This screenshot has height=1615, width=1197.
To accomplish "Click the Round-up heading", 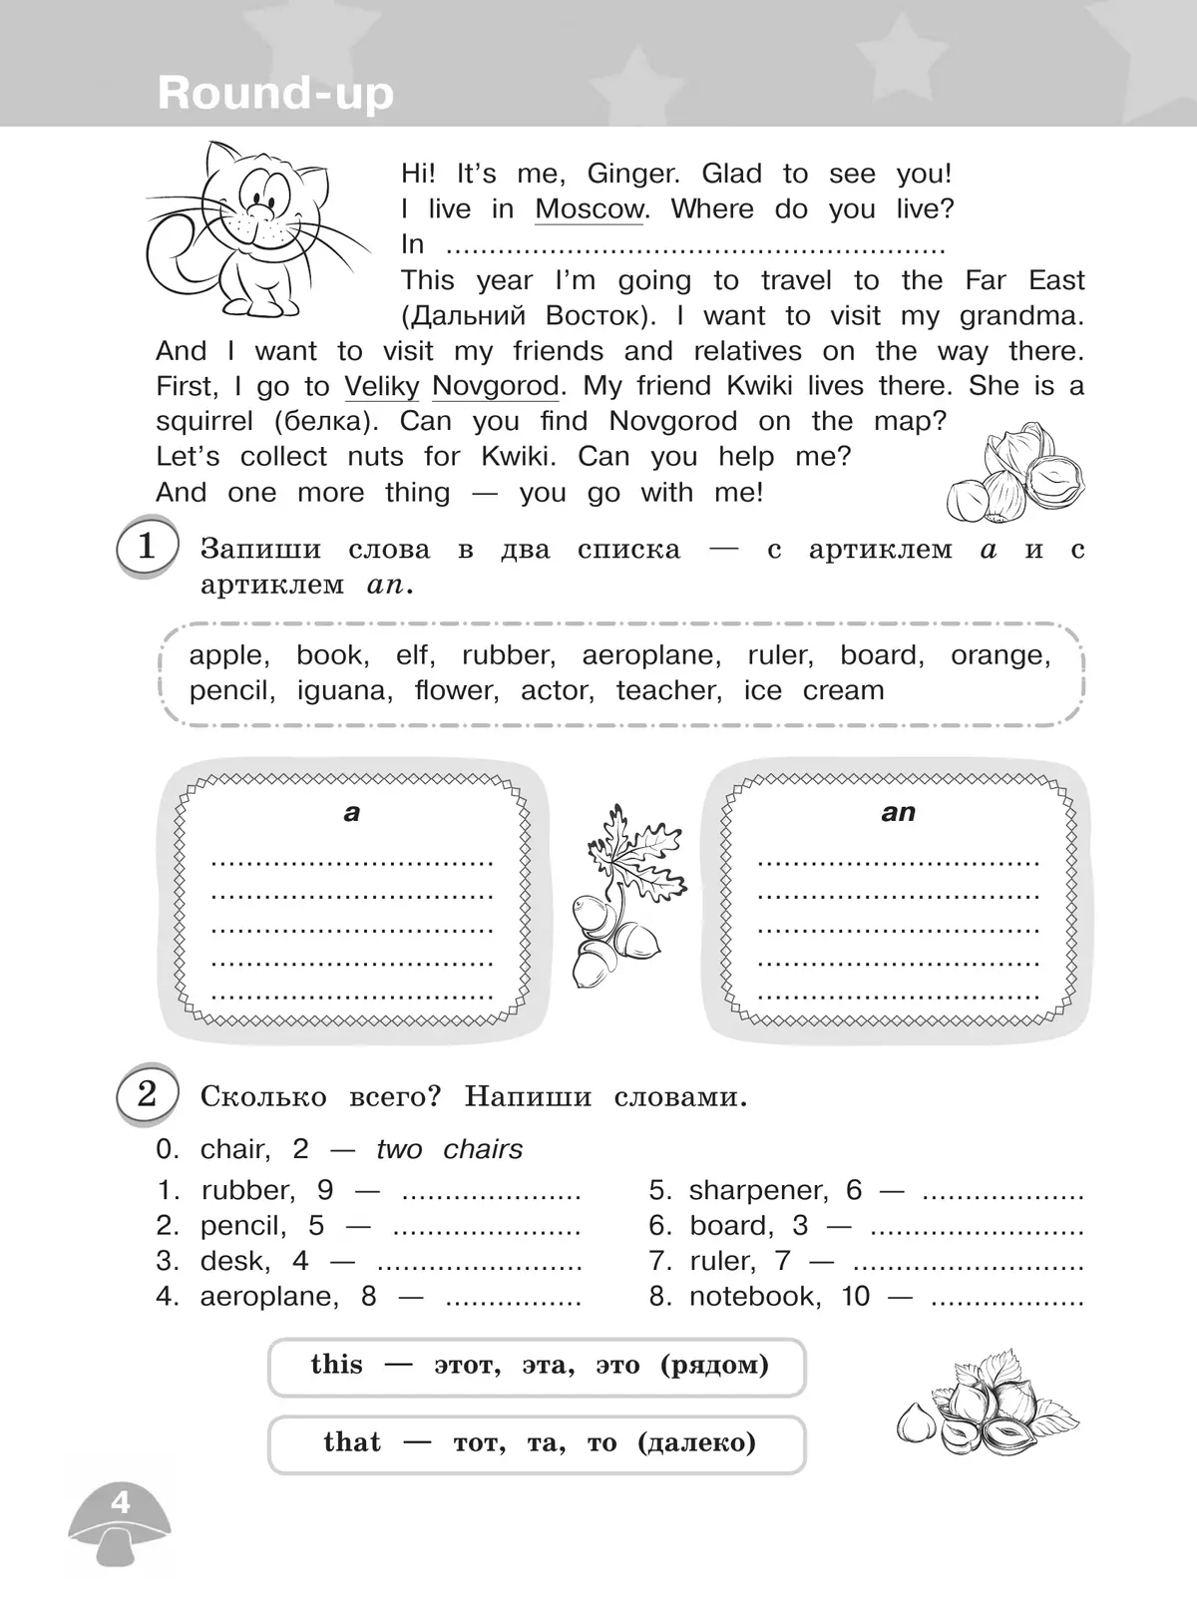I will click(275, 93).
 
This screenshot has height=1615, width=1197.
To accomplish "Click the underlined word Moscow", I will click(590, 209).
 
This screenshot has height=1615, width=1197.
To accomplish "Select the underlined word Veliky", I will click(382, 386).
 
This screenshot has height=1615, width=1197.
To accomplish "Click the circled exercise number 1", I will click(147, 548).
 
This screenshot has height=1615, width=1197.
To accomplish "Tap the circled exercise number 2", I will click(147, 1094).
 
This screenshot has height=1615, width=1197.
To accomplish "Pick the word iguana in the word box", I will click(343, 690).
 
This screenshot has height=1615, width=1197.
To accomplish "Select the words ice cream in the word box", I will click(814, 690).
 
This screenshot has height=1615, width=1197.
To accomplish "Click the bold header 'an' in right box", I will click(898, 812).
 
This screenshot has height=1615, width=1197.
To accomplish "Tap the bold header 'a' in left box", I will click(351, 812).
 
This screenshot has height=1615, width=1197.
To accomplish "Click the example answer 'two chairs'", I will click(449, 1149).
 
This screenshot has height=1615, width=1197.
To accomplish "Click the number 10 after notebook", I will click(855, 1296).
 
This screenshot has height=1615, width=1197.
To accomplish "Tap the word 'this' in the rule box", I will click(336, 1365).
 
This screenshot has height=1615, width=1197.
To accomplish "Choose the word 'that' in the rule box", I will click(352, 1442).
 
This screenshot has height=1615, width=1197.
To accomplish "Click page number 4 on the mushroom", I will click(121, 1501).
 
